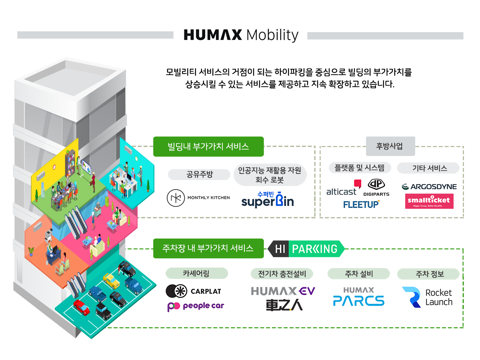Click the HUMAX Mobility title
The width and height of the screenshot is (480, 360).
(241, 35)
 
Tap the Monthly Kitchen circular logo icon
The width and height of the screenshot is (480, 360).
(176, 198)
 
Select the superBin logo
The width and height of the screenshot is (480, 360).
(268, 199)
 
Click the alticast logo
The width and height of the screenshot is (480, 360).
(344, 188)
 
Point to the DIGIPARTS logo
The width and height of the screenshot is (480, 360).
(376, 188)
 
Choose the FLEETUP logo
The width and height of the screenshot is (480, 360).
(361, 204)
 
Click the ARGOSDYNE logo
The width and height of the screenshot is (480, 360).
(429, 187)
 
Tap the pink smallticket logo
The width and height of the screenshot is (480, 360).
(429, 201)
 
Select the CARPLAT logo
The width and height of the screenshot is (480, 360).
(194, 291)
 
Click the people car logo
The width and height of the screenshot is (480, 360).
(196, 306)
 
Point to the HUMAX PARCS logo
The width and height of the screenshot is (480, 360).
(359, 297)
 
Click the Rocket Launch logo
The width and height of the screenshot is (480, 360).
(427, 297)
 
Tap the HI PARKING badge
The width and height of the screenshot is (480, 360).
(306, 249)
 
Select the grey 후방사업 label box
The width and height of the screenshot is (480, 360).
(390, 146)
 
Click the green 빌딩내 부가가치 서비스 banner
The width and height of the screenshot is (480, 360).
(208, 146)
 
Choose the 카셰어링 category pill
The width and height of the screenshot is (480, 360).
(196, 273)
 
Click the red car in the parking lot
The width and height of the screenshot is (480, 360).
(81, 307)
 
